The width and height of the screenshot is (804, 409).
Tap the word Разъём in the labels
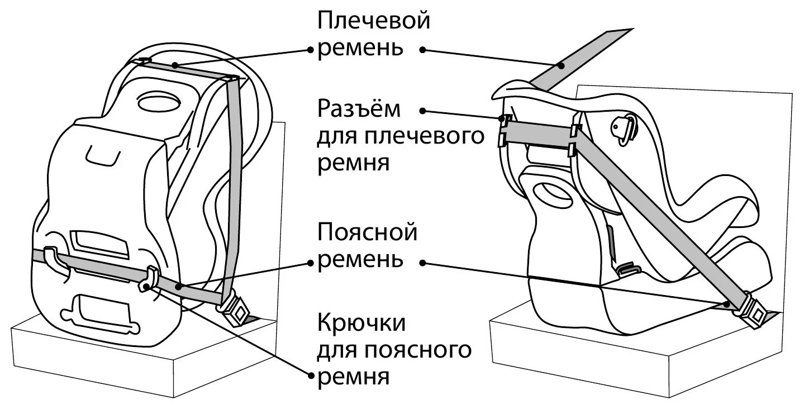(x=359, y=110)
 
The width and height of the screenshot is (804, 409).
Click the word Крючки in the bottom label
(x=361, y=323)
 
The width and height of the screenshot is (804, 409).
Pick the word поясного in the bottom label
(x=417, y=351)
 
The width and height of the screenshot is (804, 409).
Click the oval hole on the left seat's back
(x=159, y=103)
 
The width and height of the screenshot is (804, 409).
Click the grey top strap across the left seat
(x=187, y=69)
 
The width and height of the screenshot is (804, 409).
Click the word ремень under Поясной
(x=360, y=260)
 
